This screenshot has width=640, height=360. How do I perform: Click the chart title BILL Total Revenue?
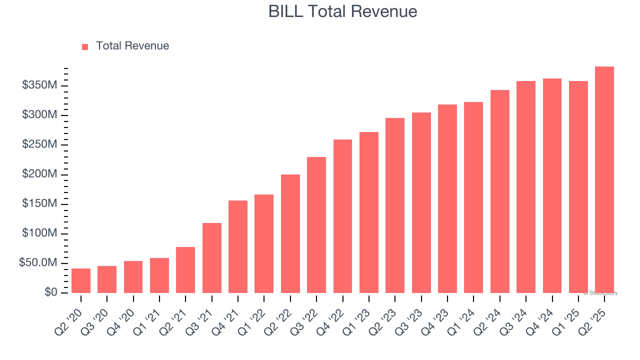pos(342,11)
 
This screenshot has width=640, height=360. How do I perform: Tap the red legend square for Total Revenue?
pos(85,46)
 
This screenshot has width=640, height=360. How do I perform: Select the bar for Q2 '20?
pos(81,280)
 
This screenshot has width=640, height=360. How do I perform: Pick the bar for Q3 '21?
pos(212,258)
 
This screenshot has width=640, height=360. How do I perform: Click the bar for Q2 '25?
pos(604,180)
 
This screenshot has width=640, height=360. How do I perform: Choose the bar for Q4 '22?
pos(342,216)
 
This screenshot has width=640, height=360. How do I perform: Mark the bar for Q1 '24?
pos(473,197)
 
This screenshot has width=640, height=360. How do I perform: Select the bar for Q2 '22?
pos(290,233)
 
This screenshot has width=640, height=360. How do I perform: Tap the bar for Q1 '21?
pos(159,275)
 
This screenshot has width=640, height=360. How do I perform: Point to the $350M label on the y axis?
pos(39,85)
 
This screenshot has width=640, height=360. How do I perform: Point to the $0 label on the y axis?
pos(50,292)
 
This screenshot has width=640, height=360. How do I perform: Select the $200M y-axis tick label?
pos(39,174)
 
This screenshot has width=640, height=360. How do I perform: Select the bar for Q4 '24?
pos(552,185)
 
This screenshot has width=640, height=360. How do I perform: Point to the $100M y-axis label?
pos(39,233)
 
